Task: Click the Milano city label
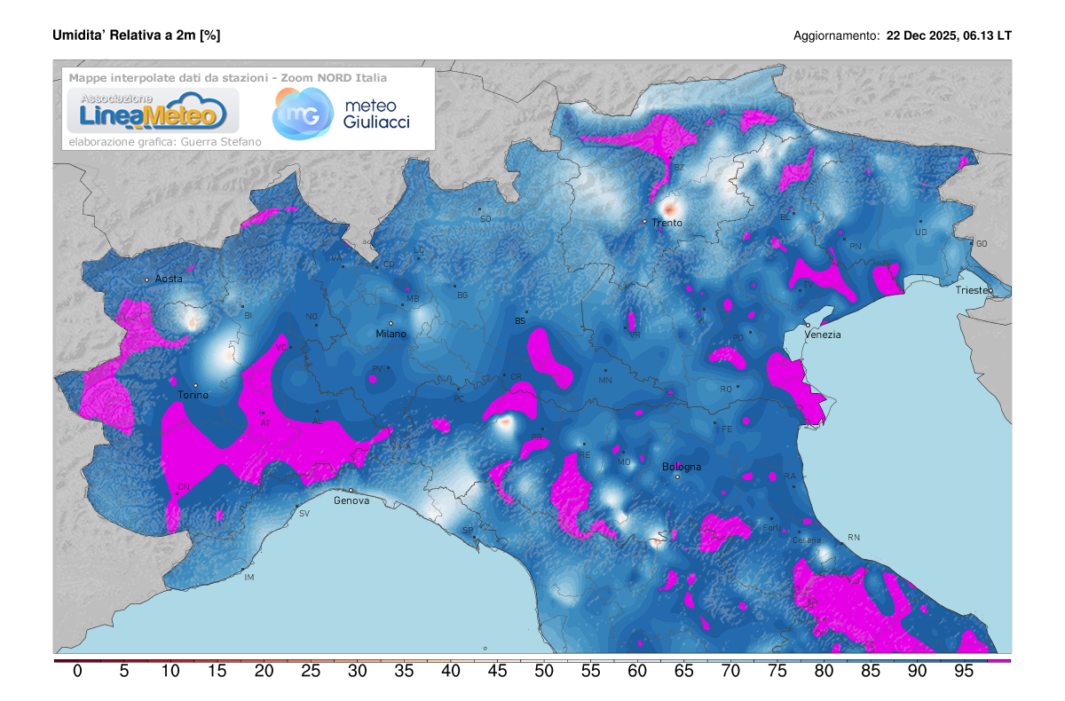(x=390, y=335)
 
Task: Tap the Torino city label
(x=193, y=396)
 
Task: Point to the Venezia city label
(x=823, y=335)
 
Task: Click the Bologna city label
(x=682, y=467)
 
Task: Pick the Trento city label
(x=667, y=223)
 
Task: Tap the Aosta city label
(x=169, y=279)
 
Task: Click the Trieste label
(x=975, y=291)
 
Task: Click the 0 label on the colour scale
(x=77, y=671)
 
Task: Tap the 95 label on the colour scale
(x=965, y=671)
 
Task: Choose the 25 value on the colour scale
(x=311, y=671)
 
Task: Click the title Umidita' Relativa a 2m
(x=137, y=35)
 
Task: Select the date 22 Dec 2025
(x=920, y=36)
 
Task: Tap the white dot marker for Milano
(x=390, y=323)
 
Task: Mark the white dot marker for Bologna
(x=677, y=477)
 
